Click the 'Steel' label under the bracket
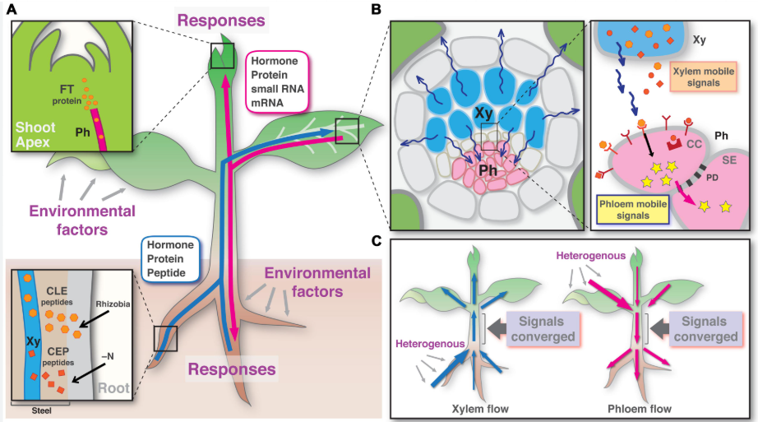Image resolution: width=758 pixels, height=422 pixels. pos(41,410)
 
